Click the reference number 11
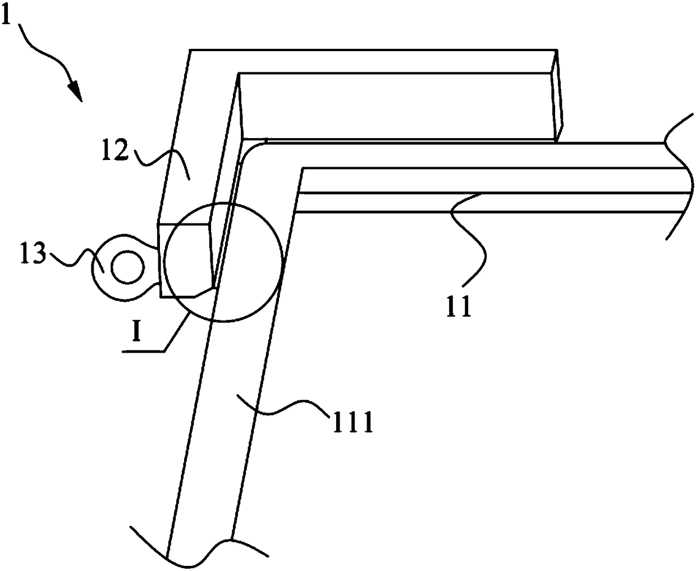click(459, 305)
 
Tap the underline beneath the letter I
click(143, 351)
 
